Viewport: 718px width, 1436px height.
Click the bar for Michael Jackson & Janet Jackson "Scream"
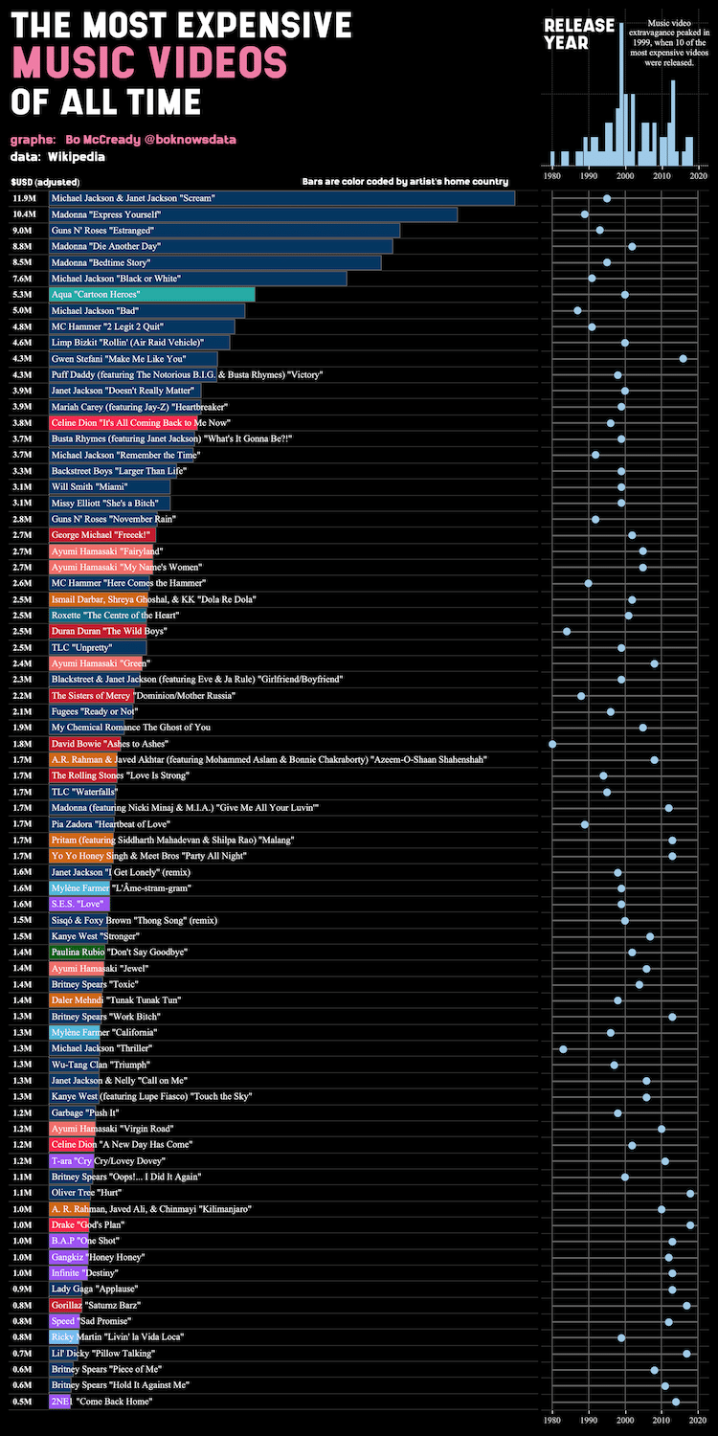pos(281,198)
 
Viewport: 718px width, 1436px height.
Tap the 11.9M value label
pos(24,198)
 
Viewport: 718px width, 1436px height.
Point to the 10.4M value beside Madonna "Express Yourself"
pos(24,214)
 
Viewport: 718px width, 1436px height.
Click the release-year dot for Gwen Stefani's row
pos(683,358)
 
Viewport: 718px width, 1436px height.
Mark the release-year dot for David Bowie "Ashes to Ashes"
pos(552,744)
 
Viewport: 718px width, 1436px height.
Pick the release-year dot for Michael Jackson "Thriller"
pos(563,1049)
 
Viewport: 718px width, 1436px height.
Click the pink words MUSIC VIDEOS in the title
pos(149,63)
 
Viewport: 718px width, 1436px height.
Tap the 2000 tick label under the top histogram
pos(625,176)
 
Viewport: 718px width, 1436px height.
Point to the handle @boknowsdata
pos(190,140)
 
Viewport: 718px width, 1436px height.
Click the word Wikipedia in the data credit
pos(77,156)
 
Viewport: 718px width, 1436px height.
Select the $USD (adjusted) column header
pos(45,182)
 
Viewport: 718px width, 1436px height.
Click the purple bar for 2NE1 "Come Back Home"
pos(59,1402)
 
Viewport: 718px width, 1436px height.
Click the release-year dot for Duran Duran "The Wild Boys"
pos(567,632)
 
